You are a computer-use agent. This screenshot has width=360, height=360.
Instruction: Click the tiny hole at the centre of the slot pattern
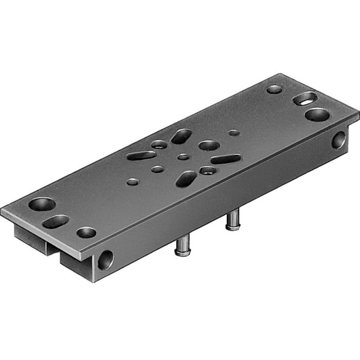[184, 157]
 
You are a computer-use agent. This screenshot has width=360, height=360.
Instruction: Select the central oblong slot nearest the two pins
[186, 178]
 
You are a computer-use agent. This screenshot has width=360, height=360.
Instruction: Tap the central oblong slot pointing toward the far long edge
[181, 136]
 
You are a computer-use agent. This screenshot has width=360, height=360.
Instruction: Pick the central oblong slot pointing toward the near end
[141, 155]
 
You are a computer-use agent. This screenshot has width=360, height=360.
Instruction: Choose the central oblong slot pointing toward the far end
[226, 159]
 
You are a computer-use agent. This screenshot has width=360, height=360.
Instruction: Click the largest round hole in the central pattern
[209, 146]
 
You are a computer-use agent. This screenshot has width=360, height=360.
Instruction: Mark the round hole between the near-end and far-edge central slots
[159, 145]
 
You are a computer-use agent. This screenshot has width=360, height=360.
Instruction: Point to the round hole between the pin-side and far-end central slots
[208, 170]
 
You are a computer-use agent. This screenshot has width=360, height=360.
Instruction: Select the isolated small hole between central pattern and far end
[234, 133]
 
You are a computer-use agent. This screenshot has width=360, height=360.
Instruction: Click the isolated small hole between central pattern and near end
[133, 182]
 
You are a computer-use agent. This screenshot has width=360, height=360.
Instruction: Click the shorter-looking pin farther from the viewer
[233, 222]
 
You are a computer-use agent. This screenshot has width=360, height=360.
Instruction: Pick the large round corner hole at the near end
[42, 204]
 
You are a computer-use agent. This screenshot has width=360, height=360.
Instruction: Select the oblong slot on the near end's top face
[56, 222]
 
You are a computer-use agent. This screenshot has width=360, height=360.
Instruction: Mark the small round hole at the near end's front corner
[86, 232]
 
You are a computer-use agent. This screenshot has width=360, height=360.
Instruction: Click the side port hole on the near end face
[106, 259]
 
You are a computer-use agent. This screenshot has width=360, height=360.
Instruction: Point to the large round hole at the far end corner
[317, 114]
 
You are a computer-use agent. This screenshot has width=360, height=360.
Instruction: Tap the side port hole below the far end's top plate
[338, 139]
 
